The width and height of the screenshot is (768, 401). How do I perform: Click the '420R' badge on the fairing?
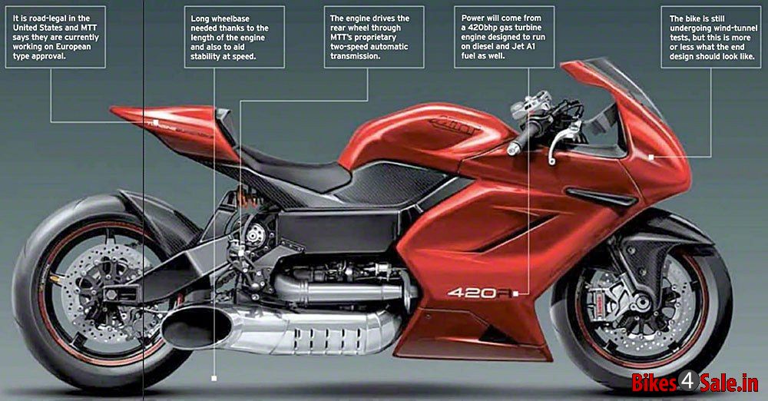pos(480,293)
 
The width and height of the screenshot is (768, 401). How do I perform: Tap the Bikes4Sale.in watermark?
pos(694,381)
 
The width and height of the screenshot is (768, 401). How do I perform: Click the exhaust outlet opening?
pos(197,326)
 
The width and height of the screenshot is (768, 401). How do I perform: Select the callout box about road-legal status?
pos(55,37)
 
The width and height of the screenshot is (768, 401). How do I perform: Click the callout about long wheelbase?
pos(234,37)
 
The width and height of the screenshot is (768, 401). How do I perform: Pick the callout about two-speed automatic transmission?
pos(374,37)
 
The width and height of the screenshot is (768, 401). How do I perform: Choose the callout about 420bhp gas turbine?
pos(505,37)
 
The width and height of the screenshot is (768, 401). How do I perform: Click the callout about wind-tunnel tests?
pos(711,37)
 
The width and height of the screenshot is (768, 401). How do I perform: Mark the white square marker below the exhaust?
pos(214,379)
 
